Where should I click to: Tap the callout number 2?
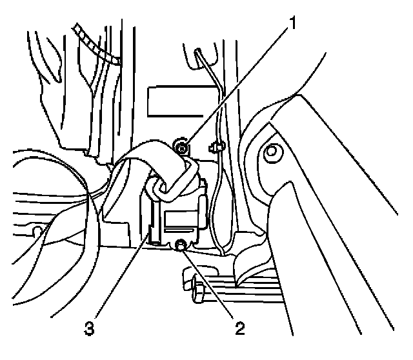click(240, 329)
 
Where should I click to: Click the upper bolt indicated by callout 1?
click(183, 148)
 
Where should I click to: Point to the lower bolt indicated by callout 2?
click(181, 245)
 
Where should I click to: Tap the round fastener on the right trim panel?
click(272, 152)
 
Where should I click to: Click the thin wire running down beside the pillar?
click(219, 194)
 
